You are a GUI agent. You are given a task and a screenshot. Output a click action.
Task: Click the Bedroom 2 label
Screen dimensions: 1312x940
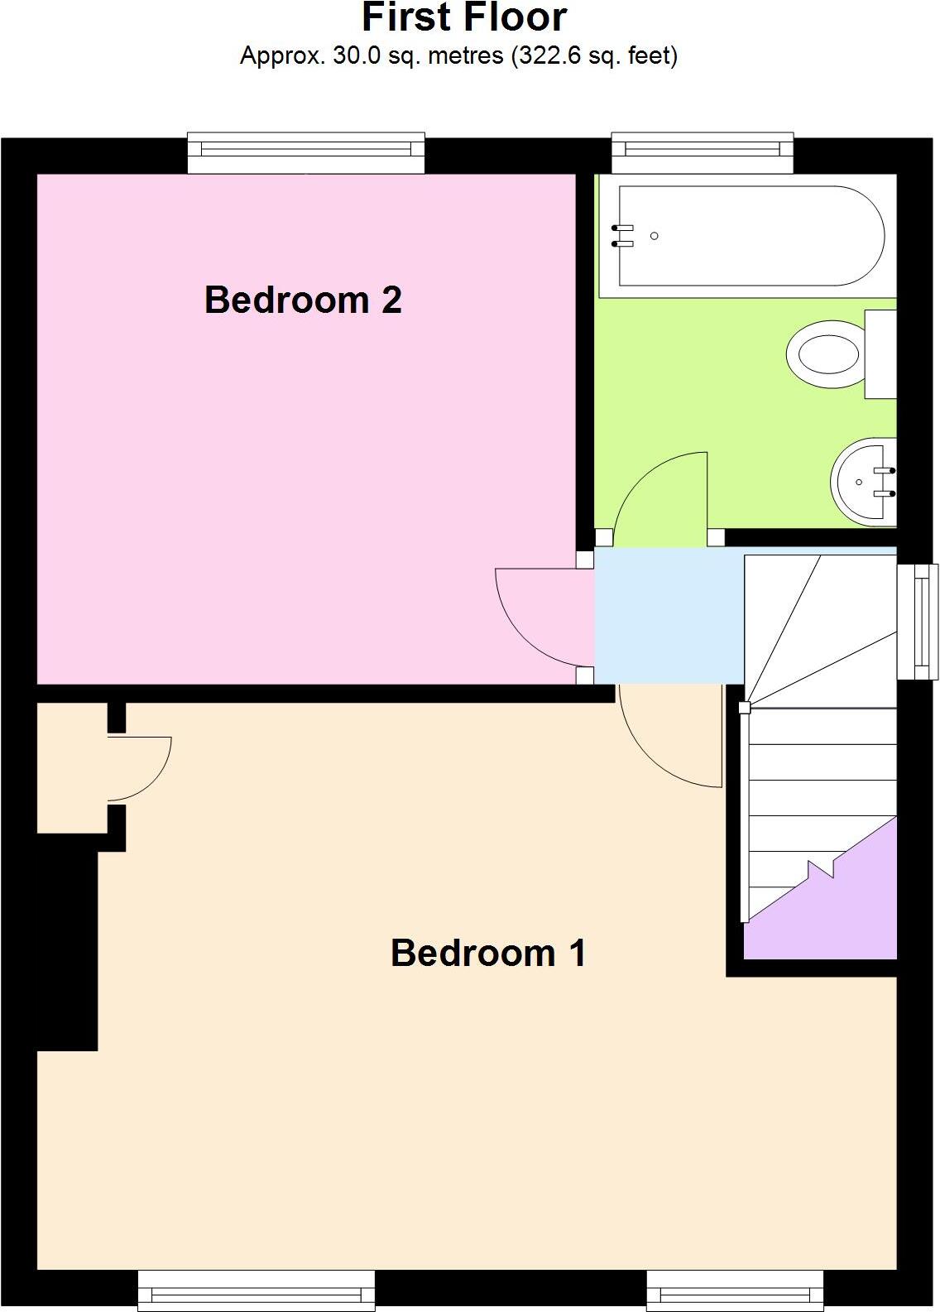coord(303,300)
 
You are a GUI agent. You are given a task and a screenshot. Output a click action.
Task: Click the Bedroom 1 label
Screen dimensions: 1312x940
coord(488,953)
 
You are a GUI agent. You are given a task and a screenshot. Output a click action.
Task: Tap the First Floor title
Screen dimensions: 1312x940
coord(464,18)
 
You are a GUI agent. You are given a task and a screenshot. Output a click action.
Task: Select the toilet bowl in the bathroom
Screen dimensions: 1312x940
coord(824,354)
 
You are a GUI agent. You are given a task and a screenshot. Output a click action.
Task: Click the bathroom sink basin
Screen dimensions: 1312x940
coord(861,482)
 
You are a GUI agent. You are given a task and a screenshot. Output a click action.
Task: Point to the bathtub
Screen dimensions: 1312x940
coord(749,236)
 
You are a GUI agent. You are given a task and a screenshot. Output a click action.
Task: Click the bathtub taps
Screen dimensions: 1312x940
coord(622,236)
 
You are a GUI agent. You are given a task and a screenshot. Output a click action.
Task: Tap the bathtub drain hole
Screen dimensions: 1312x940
coord(655,236)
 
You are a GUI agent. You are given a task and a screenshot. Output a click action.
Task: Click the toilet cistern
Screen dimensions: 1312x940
coord(880,354)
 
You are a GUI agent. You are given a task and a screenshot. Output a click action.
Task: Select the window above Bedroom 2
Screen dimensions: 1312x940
coord(306,152)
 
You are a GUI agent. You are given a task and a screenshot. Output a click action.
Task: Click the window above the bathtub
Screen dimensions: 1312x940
coord(702,152)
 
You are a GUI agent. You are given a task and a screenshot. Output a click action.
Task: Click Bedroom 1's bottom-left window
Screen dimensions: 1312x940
coord(257,1291)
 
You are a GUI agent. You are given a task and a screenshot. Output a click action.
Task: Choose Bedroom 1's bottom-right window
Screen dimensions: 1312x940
coord(735,1291)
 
